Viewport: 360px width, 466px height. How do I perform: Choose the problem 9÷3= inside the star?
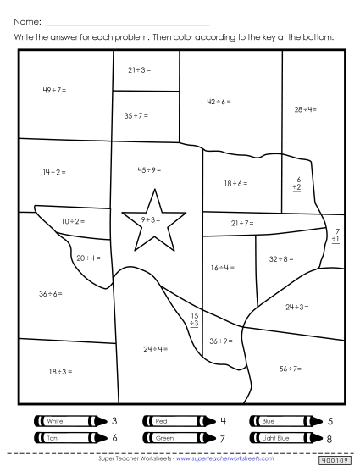tap(152, 219)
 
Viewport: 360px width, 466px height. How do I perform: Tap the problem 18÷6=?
tap(235, 183)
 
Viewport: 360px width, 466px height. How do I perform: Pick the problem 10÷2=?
tap(73, 221)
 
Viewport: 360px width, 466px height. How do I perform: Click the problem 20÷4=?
tap(88, 258)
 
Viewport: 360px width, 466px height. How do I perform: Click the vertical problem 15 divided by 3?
tap(194, 319)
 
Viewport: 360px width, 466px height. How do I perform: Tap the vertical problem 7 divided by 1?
tap(336, 236)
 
